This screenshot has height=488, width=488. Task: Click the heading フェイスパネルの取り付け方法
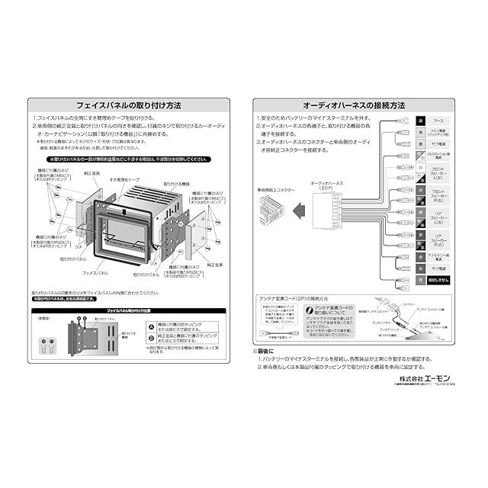[x=129, y=105]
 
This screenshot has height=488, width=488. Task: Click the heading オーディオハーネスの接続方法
[x=353, y=105]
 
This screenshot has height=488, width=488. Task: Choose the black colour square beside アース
[x=419, y=120]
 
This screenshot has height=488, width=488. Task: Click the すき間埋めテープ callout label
[x=124, y=179]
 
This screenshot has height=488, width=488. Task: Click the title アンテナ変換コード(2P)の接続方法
[x=293, y=298]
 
